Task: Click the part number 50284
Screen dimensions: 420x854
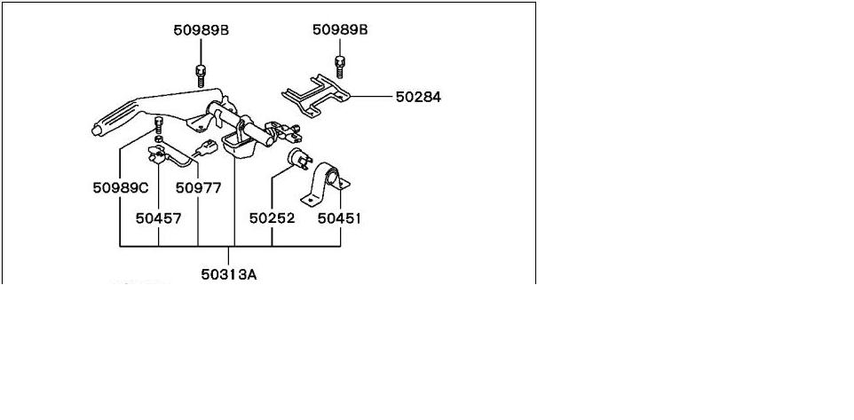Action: coord(418,96)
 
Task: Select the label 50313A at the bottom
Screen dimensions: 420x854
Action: coord(228,274)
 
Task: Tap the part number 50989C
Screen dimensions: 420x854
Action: coord(120,188)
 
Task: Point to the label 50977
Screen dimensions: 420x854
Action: coord(198,188)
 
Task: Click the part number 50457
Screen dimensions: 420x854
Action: coord(158,218)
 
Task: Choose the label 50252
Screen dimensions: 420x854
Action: coord(271,218)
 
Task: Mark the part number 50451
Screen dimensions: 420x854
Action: coord(341,218)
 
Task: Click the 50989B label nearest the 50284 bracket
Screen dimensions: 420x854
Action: coord(340,30)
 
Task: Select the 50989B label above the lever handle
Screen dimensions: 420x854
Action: coord(202,30)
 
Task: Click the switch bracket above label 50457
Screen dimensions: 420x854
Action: coord(157,156)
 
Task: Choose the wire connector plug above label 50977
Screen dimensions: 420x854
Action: coord(206,147)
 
